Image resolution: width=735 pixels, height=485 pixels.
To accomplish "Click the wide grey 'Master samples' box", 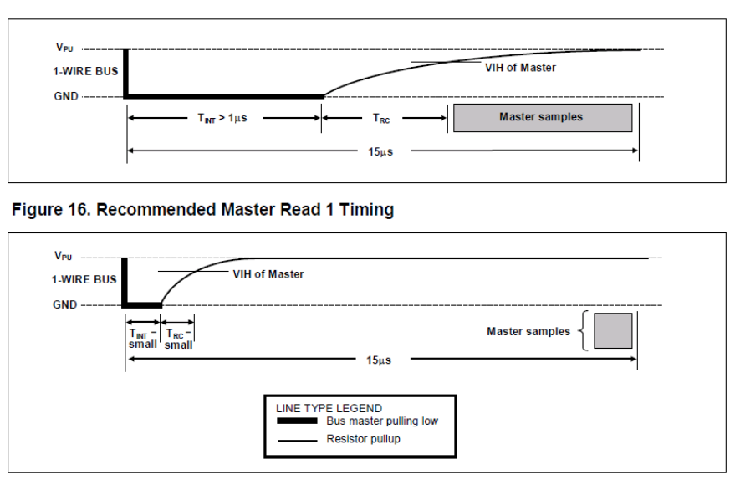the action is [x=543, y=118].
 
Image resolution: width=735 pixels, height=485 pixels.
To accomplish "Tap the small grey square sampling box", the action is [x=613, y=331].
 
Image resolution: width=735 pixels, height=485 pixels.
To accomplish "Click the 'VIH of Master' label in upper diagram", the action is [x=520, y=68].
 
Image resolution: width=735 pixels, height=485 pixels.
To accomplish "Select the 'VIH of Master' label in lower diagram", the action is [x=268, y=274].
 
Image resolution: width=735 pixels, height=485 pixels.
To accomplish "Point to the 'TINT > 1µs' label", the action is [x=222, y=118].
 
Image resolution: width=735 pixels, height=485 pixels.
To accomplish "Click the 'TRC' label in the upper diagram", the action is [x=381, y=118].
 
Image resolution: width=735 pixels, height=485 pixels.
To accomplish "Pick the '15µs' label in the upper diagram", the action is [x=380, y=152].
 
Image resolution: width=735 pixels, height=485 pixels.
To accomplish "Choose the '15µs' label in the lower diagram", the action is [x=379, y=360].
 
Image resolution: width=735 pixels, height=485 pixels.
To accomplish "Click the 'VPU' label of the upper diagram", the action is [x=64, y=48].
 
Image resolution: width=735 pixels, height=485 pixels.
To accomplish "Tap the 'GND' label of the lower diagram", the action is [x=64, y=304].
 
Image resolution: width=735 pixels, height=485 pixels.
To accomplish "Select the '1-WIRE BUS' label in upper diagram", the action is [x=85, y=71].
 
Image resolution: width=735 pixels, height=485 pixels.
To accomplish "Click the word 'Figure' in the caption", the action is [x=37, y=209].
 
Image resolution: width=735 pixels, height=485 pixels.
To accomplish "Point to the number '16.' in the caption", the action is [x=79, y=209].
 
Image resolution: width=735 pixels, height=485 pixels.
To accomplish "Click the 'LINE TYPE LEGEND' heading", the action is [x=329, y=408].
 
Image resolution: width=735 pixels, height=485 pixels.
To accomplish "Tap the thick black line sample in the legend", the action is [x=297, y=421].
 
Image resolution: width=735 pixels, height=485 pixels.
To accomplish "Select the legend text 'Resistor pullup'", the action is [x=363, y=439].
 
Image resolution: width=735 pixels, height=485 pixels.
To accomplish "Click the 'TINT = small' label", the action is [x=143, y=339].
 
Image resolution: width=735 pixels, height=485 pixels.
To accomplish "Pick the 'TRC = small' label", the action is [x=179, y=339].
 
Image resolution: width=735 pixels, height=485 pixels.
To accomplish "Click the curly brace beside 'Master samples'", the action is [x=583, y=331].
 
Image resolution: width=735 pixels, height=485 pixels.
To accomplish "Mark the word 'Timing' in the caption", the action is [x=366, y=210].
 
